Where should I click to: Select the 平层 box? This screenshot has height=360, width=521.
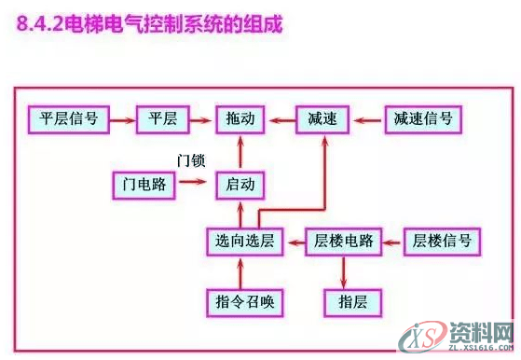coord(162,118)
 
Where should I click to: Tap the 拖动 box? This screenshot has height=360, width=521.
coord(241,118)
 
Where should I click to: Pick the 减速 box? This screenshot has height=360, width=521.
coord(322,118)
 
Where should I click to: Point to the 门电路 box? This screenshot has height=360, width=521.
coord(144,184)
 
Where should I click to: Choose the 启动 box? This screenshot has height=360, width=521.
coord(241,184)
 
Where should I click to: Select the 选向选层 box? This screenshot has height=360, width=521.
coord(241,242)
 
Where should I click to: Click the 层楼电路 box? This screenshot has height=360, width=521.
coord(345,242)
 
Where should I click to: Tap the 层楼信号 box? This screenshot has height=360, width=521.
coord(442,242)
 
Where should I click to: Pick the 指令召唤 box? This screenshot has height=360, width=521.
coord(241,301)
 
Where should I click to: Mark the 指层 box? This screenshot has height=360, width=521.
coord(346,301)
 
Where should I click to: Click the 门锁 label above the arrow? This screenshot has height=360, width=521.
coord(191,160)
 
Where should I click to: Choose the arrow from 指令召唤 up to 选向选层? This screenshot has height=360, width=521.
coord(241,272)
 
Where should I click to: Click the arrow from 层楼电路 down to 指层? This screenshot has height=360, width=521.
coord(345,272)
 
